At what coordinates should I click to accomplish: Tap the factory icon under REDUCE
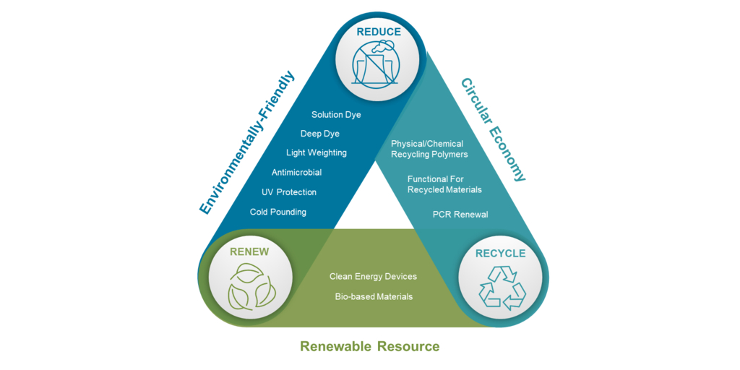point(373,64)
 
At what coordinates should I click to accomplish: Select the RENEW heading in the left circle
point(249,252)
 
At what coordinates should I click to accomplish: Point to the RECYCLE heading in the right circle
point(500,254)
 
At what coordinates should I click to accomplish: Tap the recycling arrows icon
point(501,288)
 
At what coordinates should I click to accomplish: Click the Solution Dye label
point(336,115)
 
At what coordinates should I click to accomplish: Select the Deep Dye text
point(320,134)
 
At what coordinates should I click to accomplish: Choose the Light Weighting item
point(317,152)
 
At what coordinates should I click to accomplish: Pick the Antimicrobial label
point(296,173)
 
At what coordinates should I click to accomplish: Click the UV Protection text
point(289,192)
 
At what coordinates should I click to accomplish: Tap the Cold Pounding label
point(278,212)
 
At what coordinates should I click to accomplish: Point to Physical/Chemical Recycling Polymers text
point(429,149)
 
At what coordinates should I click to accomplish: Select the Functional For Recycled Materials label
point(444,184)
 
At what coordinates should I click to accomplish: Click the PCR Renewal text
point(460,215)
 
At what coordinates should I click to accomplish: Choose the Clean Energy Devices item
point(373,277)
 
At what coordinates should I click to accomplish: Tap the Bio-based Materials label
point(374,296)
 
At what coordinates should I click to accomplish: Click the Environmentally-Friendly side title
point(247,142)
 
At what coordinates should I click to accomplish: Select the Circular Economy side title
point(493,130)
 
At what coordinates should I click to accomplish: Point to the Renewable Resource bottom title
point(369,346)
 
